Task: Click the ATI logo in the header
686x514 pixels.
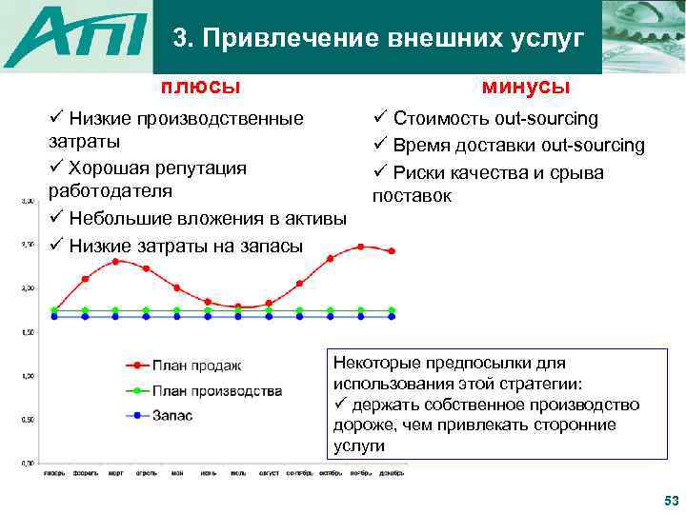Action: (x=76, y=38)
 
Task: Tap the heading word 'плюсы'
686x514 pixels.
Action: (x=199, y=87)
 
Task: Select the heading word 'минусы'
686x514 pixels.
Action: (x=526, y=87)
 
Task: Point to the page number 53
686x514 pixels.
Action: (x=669, y=501)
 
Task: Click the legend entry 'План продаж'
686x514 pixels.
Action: (x=196, y=365)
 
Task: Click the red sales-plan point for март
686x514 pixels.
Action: (x=115, y=261)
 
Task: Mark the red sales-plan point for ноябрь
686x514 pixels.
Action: (x=360, y=247)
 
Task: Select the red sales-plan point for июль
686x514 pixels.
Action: (x=238, y=306)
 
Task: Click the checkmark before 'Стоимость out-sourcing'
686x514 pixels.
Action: (x=378, y=118)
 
